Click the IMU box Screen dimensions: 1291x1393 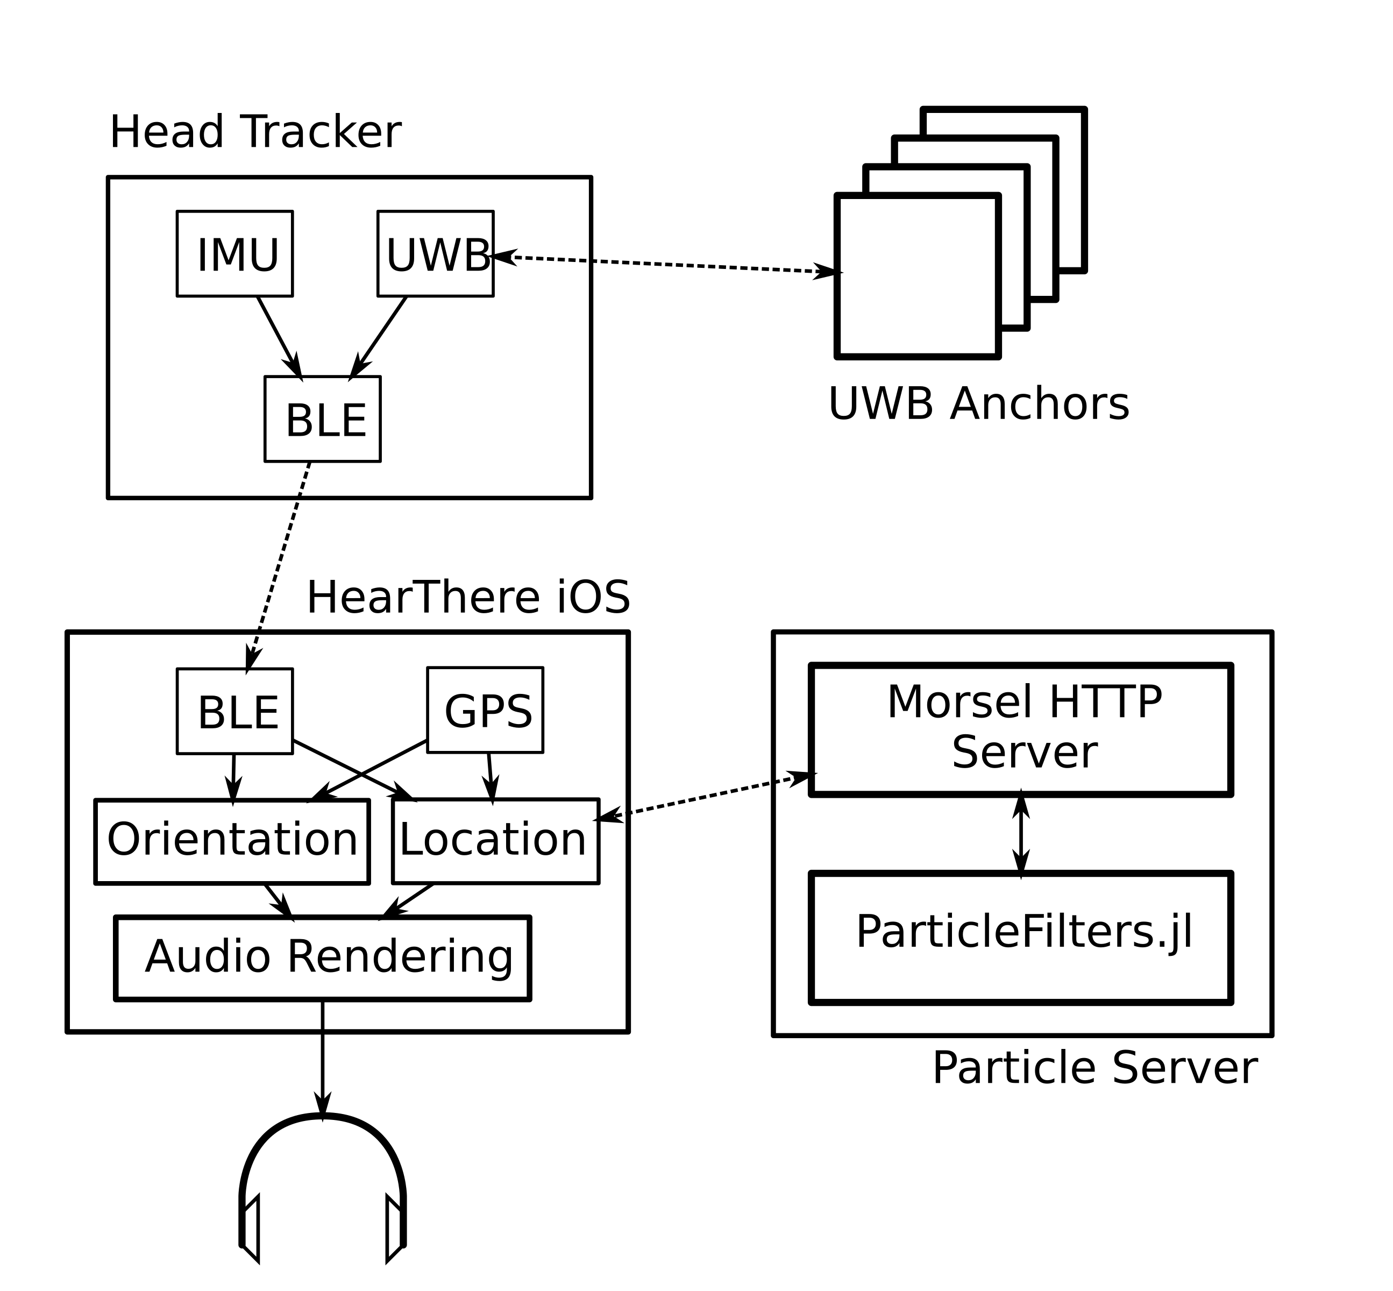[234, 253]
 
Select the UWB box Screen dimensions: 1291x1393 [435, 253]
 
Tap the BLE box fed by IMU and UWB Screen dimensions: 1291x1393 [322, 419]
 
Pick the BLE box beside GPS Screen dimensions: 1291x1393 [234, 711]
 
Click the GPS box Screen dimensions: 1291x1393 [485, 710]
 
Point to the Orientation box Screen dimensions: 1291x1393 [232, 842]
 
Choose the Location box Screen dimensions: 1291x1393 [495, 841]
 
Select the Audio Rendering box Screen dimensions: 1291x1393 [322, 958]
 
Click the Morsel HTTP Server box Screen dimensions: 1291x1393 [1021, 730]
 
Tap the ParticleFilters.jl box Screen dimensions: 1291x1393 [1021, 938]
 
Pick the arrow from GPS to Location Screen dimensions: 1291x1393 [491, 777]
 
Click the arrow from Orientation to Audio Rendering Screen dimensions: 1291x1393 [278, 900]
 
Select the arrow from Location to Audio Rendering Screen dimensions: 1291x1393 [409, 900]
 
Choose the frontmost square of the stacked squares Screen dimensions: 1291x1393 [917, 276]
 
